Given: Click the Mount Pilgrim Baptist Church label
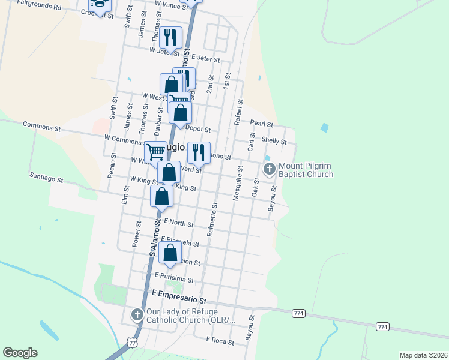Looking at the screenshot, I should pos(306,170).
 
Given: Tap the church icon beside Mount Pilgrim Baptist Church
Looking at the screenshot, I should pos(270,169).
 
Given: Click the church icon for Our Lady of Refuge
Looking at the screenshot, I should pos(137,314).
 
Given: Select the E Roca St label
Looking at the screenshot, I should pos(220,340).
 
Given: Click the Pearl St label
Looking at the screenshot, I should pos(261,124).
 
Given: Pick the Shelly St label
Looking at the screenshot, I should pos(274,140).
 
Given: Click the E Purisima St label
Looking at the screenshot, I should pos(174,277).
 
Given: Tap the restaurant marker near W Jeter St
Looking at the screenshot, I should pos(170,38).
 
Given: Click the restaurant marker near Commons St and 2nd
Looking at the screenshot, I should pos(199,152).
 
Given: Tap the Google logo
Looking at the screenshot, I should pos(20,353).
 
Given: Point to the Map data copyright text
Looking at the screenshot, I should pos(423,355).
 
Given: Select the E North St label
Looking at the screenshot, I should pos(178,223).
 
